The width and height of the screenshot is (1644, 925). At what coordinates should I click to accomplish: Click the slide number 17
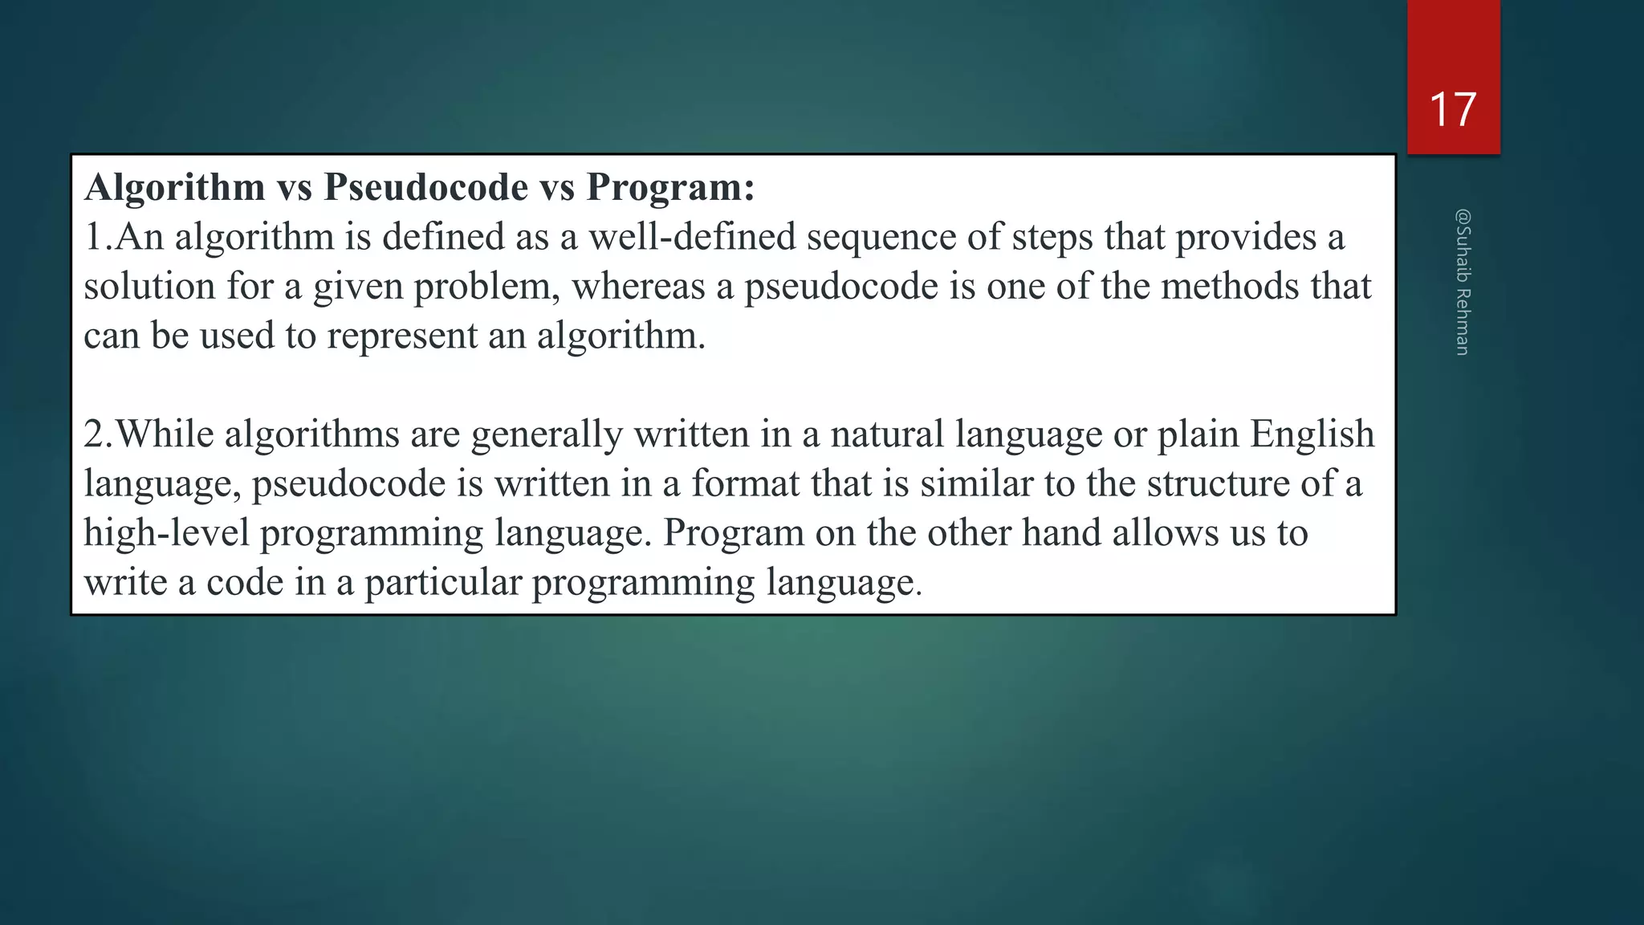coord(1453,110)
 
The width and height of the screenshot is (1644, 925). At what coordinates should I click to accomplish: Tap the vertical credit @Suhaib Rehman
coord(1463,282)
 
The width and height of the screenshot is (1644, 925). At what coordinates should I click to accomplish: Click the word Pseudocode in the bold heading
coord(426,187)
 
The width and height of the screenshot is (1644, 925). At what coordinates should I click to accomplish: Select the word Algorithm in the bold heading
coord(175,187)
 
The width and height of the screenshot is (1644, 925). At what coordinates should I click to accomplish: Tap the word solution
coord(149,287)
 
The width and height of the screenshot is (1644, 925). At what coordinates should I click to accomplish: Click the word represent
coord(402,336)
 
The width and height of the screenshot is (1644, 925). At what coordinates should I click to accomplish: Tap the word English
coord(1312,435)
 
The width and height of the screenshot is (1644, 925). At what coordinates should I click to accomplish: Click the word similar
coord(976,484)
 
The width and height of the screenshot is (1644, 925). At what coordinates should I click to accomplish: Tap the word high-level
coord(166,534)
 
